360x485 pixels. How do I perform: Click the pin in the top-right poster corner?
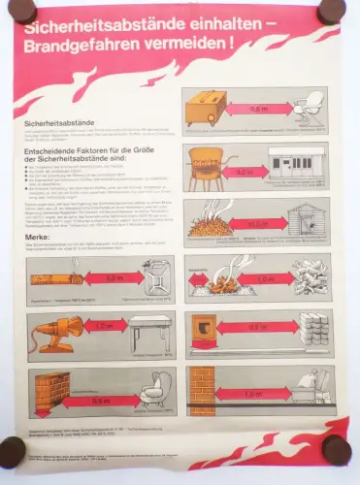point(333,10)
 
